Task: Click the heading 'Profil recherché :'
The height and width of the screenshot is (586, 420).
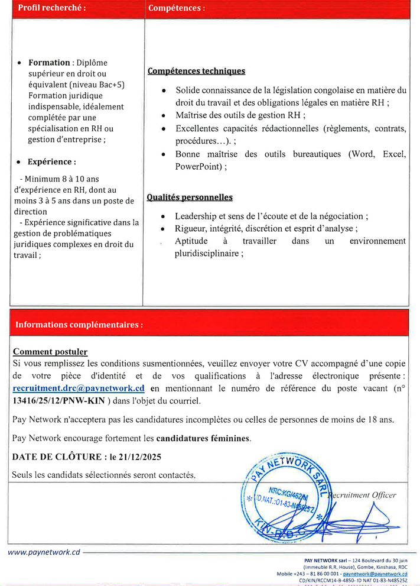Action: (x=51, y=8)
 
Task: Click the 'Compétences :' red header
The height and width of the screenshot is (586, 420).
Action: (x=177, y=8)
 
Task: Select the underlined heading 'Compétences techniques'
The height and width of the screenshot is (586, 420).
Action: (x=196, y=71)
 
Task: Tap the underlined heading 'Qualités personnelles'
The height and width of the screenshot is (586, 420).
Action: (x=190, y=197)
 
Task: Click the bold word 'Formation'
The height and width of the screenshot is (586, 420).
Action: (x=49, y=63)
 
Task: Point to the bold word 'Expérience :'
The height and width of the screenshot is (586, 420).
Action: (x=51, y=161)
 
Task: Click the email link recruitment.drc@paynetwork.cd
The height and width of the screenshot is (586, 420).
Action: (x=79, y=388)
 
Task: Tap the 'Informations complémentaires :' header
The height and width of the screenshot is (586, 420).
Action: (x=79, y=325)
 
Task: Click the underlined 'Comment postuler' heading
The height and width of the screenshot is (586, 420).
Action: (x=50, y=351)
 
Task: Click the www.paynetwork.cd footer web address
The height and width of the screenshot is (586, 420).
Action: (x=44, y=552)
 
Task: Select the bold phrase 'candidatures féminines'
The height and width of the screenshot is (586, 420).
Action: (x=203, y=438)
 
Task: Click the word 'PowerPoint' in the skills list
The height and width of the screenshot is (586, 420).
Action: (x=197, y=167)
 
